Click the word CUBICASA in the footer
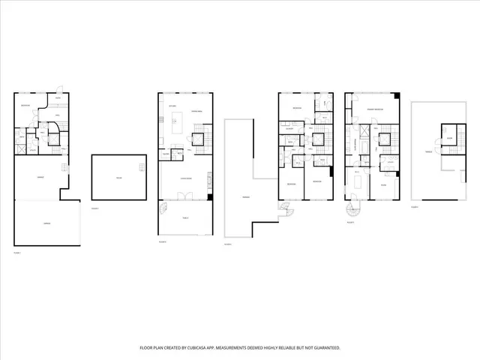pos(218,348)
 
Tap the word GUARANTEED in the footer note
pos(324,348)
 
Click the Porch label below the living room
pos(184,217)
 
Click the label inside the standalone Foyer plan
pos(118,178)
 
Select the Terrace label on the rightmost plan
pos(427,151)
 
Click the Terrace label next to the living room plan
pos(246,196)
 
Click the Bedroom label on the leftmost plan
pos(25,106)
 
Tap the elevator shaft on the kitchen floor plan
pos(199,137)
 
